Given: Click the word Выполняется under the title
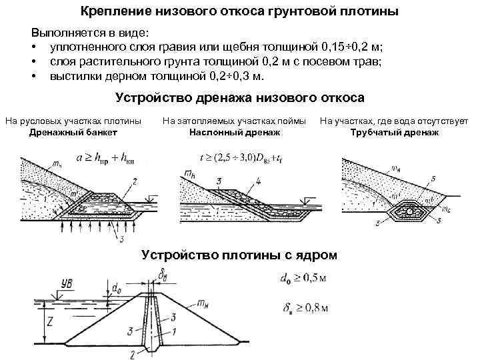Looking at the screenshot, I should (65, 33).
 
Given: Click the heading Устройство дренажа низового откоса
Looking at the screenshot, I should (240, 97).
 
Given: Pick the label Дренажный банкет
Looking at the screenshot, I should (73, 133).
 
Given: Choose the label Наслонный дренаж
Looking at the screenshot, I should (234, 133).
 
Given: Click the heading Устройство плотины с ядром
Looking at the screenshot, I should (240, 255).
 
